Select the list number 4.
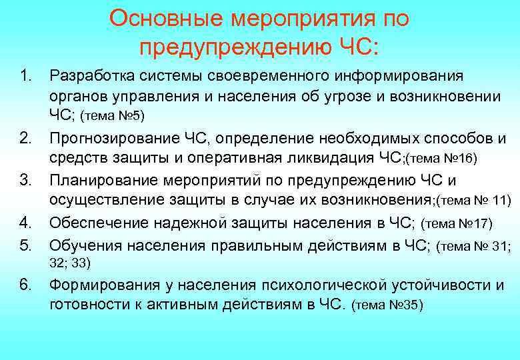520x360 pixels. (x=27, y=222)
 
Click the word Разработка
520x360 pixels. (x=97, y=75)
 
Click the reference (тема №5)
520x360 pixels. (x=112, y=117)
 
